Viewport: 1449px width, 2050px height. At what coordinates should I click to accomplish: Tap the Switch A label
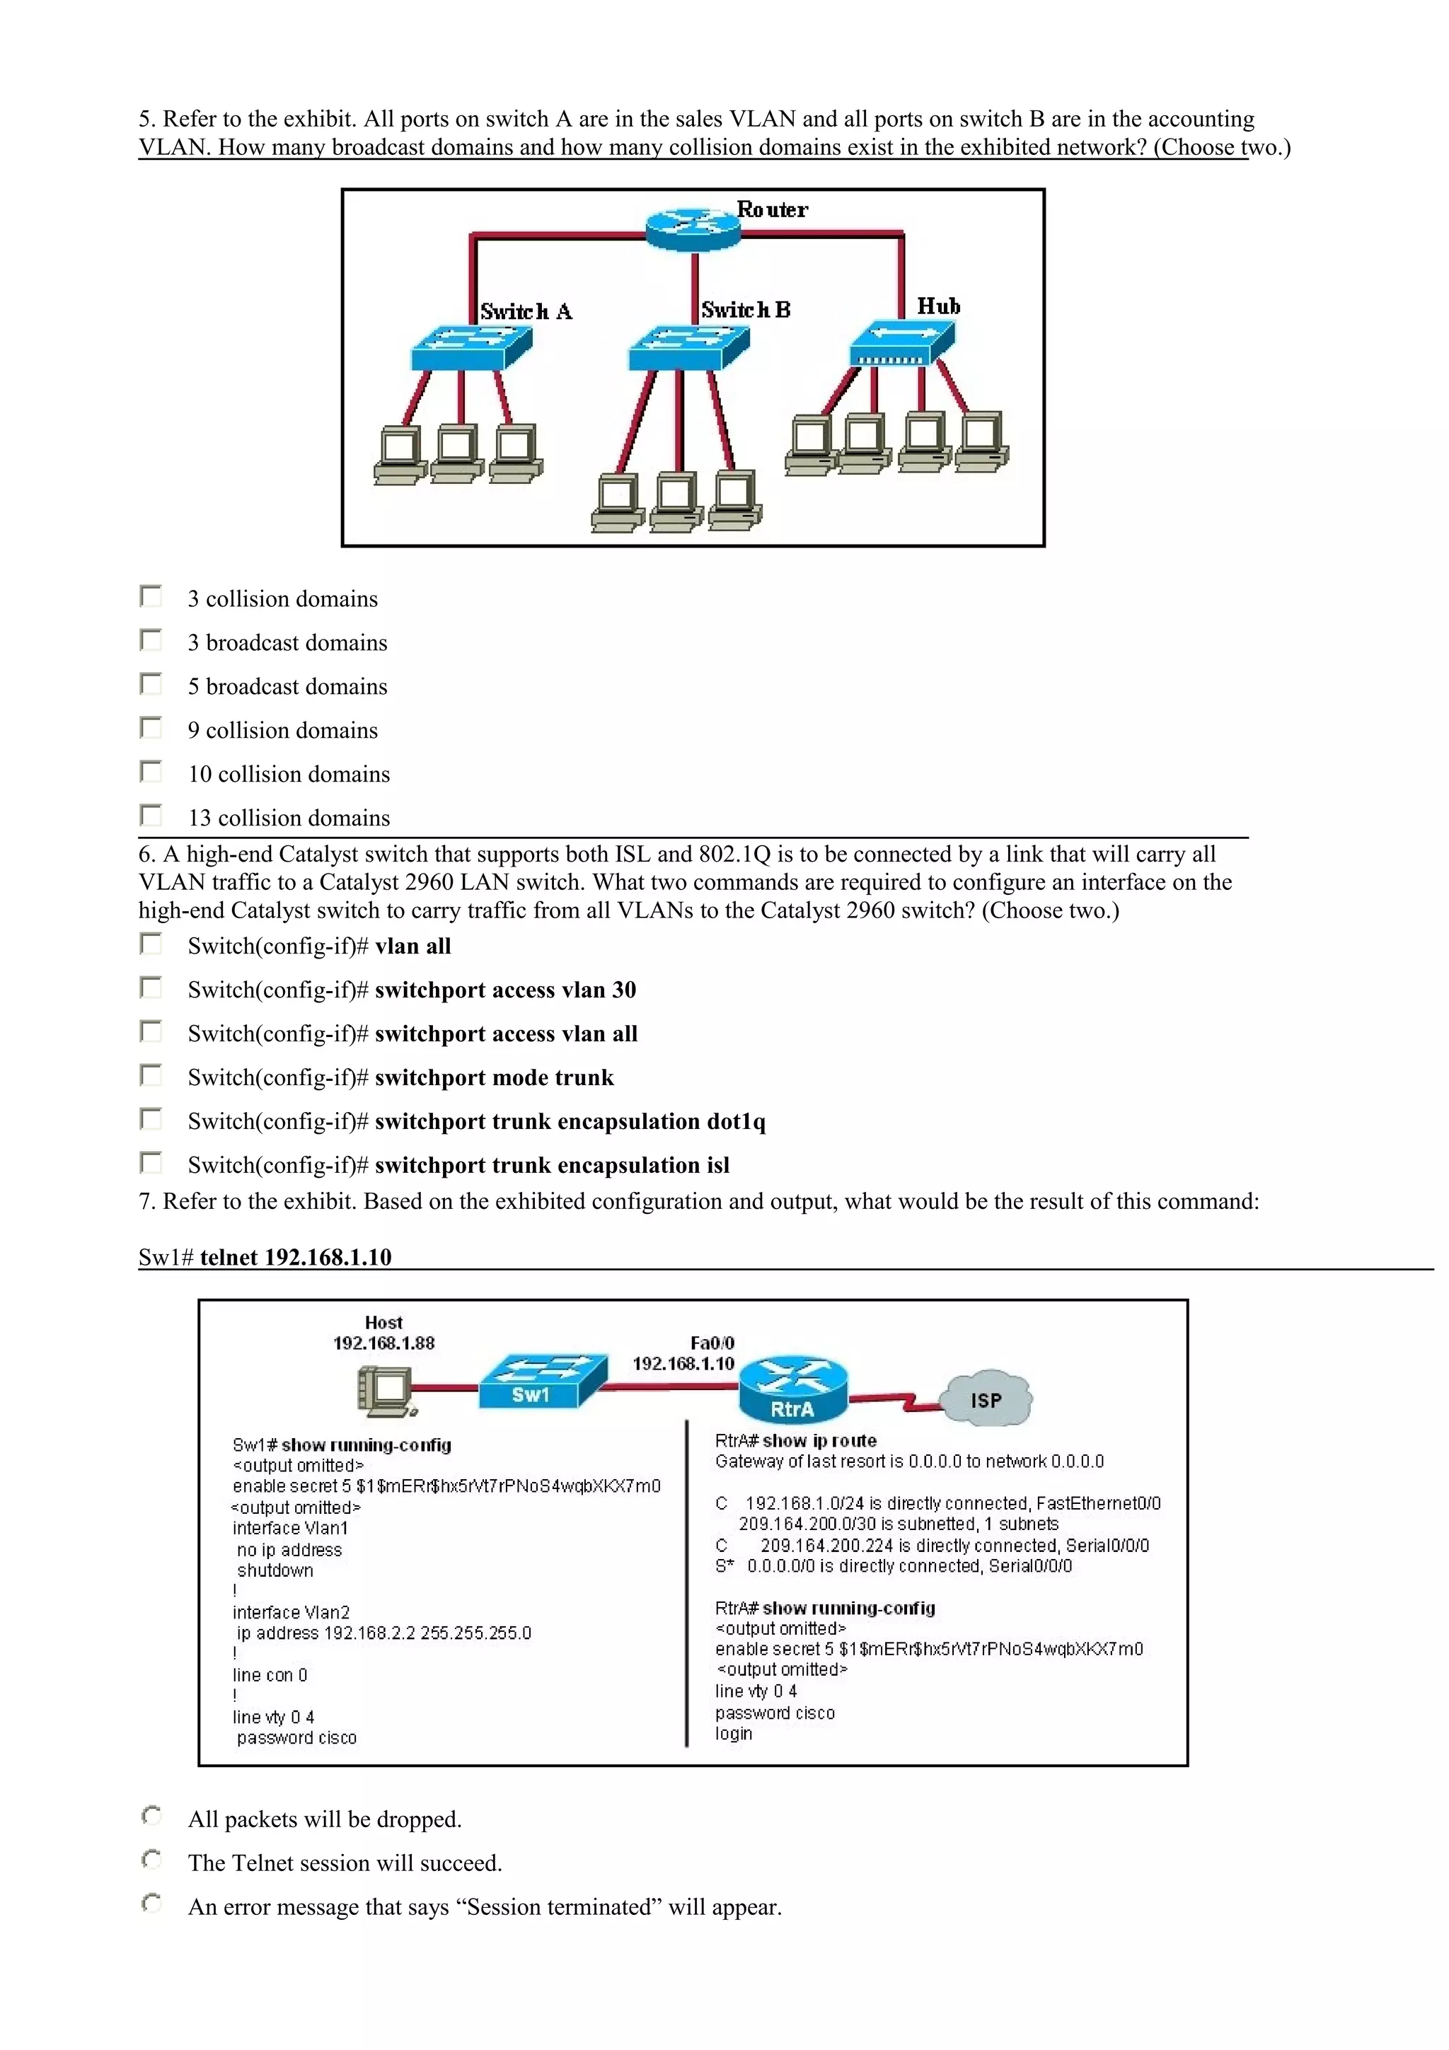[526, 312]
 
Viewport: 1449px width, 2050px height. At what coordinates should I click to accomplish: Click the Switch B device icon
[688, 348]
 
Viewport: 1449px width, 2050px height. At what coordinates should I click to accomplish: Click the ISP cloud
[986, 1398]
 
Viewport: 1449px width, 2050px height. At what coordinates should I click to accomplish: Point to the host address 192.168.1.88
[384, 1343]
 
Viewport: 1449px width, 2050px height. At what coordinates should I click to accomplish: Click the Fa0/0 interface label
[712, 1343]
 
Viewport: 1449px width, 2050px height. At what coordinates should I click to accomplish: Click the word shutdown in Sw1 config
[275, 1570]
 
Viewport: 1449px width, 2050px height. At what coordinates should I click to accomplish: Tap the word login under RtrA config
[734, 1733]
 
